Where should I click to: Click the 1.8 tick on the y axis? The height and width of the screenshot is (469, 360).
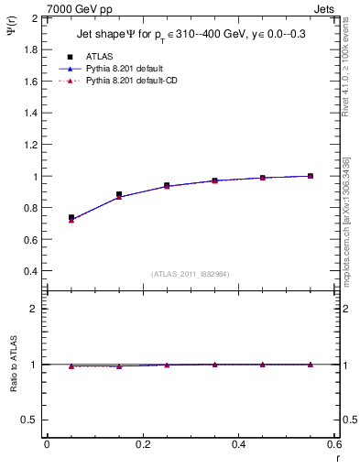click(30, 49)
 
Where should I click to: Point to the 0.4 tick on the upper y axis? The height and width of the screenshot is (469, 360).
click(30, 271)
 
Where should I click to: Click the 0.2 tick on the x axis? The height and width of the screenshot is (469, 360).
click(142, 444)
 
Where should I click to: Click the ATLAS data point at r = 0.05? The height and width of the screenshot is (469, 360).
click(71, 218)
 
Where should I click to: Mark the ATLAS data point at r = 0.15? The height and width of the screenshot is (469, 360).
click(119, 194)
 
